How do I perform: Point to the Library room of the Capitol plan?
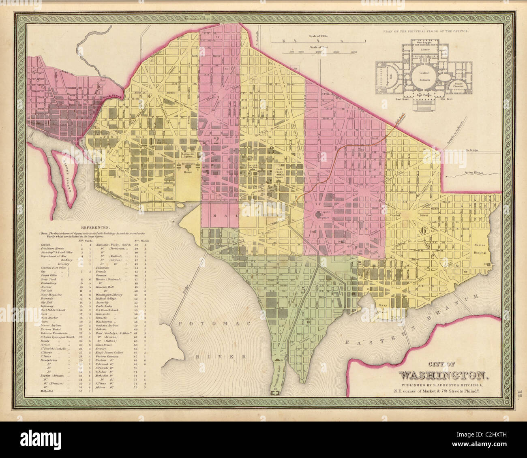[425, 49]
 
